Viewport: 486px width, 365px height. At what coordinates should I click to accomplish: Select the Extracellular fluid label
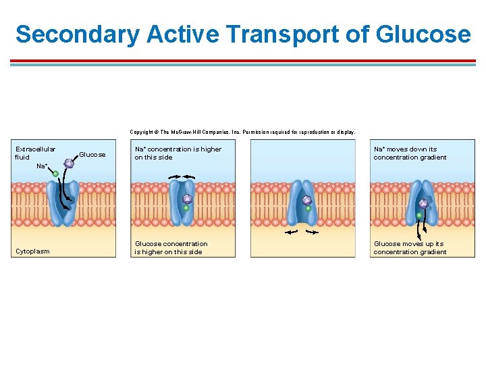(35, 153)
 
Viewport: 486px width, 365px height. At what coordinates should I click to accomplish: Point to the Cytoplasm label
(32, 251)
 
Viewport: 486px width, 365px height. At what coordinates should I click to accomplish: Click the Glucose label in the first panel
(92, 155)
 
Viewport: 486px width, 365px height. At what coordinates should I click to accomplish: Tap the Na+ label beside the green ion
(42, 166)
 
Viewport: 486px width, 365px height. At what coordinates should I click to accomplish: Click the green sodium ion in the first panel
(55, 174)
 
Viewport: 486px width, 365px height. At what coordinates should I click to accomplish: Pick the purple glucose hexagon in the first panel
(69, 163)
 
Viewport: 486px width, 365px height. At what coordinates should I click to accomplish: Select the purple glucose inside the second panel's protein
(187, 199)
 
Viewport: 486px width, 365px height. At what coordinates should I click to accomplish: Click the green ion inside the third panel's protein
(308, 209)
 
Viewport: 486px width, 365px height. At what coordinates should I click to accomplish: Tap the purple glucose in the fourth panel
(423, 203)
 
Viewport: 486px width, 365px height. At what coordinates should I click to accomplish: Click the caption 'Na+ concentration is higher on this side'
(178, 153)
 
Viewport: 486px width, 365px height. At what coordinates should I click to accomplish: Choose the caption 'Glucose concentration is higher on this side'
(171, 247)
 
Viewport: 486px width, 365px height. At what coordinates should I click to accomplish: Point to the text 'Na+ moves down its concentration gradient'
(410, 153)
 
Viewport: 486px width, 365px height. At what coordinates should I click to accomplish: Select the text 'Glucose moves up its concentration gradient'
(410, 247)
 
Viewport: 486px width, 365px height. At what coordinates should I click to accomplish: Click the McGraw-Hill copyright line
(242, 132)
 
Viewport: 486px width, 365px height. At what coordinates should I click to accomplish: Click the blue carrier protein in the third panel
(302, 203)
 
